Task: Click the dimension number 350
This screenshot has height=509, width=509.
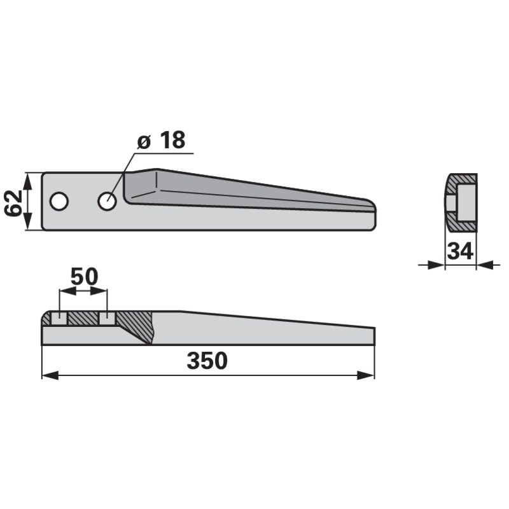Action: coord(207,360)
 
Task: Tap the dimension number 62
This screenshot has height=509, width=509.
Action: coord(13,203)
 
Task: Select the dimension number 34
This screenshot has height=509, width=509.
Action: coord(460,251)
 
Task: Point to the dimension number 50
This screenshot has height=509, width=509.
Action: coord(84,276)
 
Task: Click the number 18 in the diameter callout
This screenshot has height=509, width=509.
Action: coord(172,140)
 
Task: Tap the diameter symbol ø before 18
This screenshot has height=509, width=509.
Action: coord(144,142)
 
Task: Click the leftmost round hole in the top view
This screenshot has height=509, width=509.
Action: coord(59,201)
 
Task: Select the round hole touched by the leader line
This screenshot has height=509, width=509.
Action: coord(107,201)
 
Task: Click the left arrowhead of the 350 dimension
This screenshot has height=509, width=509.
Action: coord(50,376)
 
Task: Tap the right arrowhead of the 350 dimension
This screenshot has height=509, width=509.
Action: coord(366,376)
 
